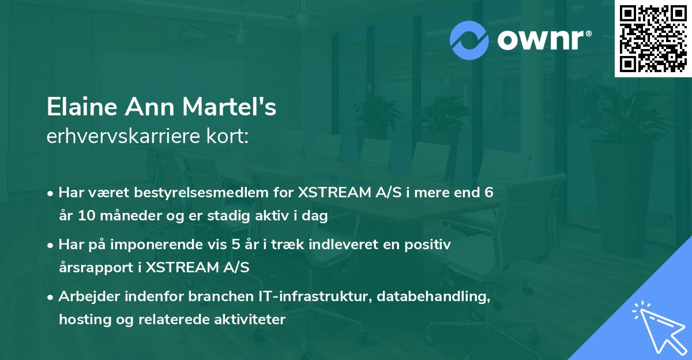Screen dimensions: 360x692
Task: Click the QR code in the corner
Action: pos(653,39)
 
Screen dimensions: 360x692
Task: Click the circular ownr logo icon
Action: pos(470,40)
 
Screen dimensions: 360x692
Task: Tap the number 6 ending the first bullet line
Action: pos(488,193)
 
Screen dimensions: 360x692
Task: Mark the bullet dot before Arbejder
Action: pos(51,297)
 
